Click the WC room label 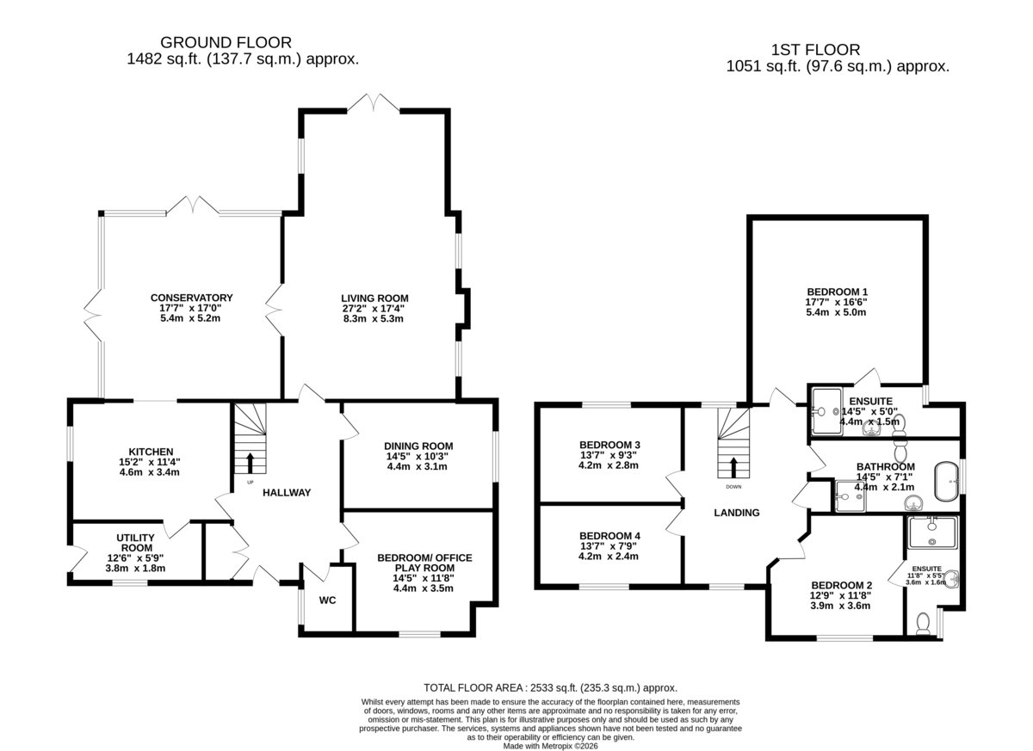327,600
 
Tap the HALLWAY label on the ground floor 287,493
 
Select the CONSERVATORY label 191,298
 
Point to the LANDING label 737,513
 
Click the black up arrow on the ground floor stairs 250,463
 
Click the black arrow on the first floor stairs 733,468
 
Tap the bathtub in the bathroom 947,482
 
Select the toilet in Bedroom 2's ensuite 923,624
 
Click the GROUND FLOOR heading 226,42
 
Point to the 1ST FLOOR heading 815,50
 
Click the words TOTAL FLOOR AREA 473,688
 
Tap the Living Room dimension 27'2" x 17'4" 374,308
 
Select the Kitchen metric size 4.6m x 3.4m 149,472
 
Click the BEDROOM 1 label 837,292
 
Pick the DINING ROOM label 418,446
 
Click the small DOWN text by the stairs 733,487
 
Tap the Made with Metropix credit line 550,746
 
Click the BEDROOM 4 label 609,536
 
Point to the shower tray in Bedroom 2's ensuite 932,532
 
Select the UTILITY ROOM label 136,543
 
